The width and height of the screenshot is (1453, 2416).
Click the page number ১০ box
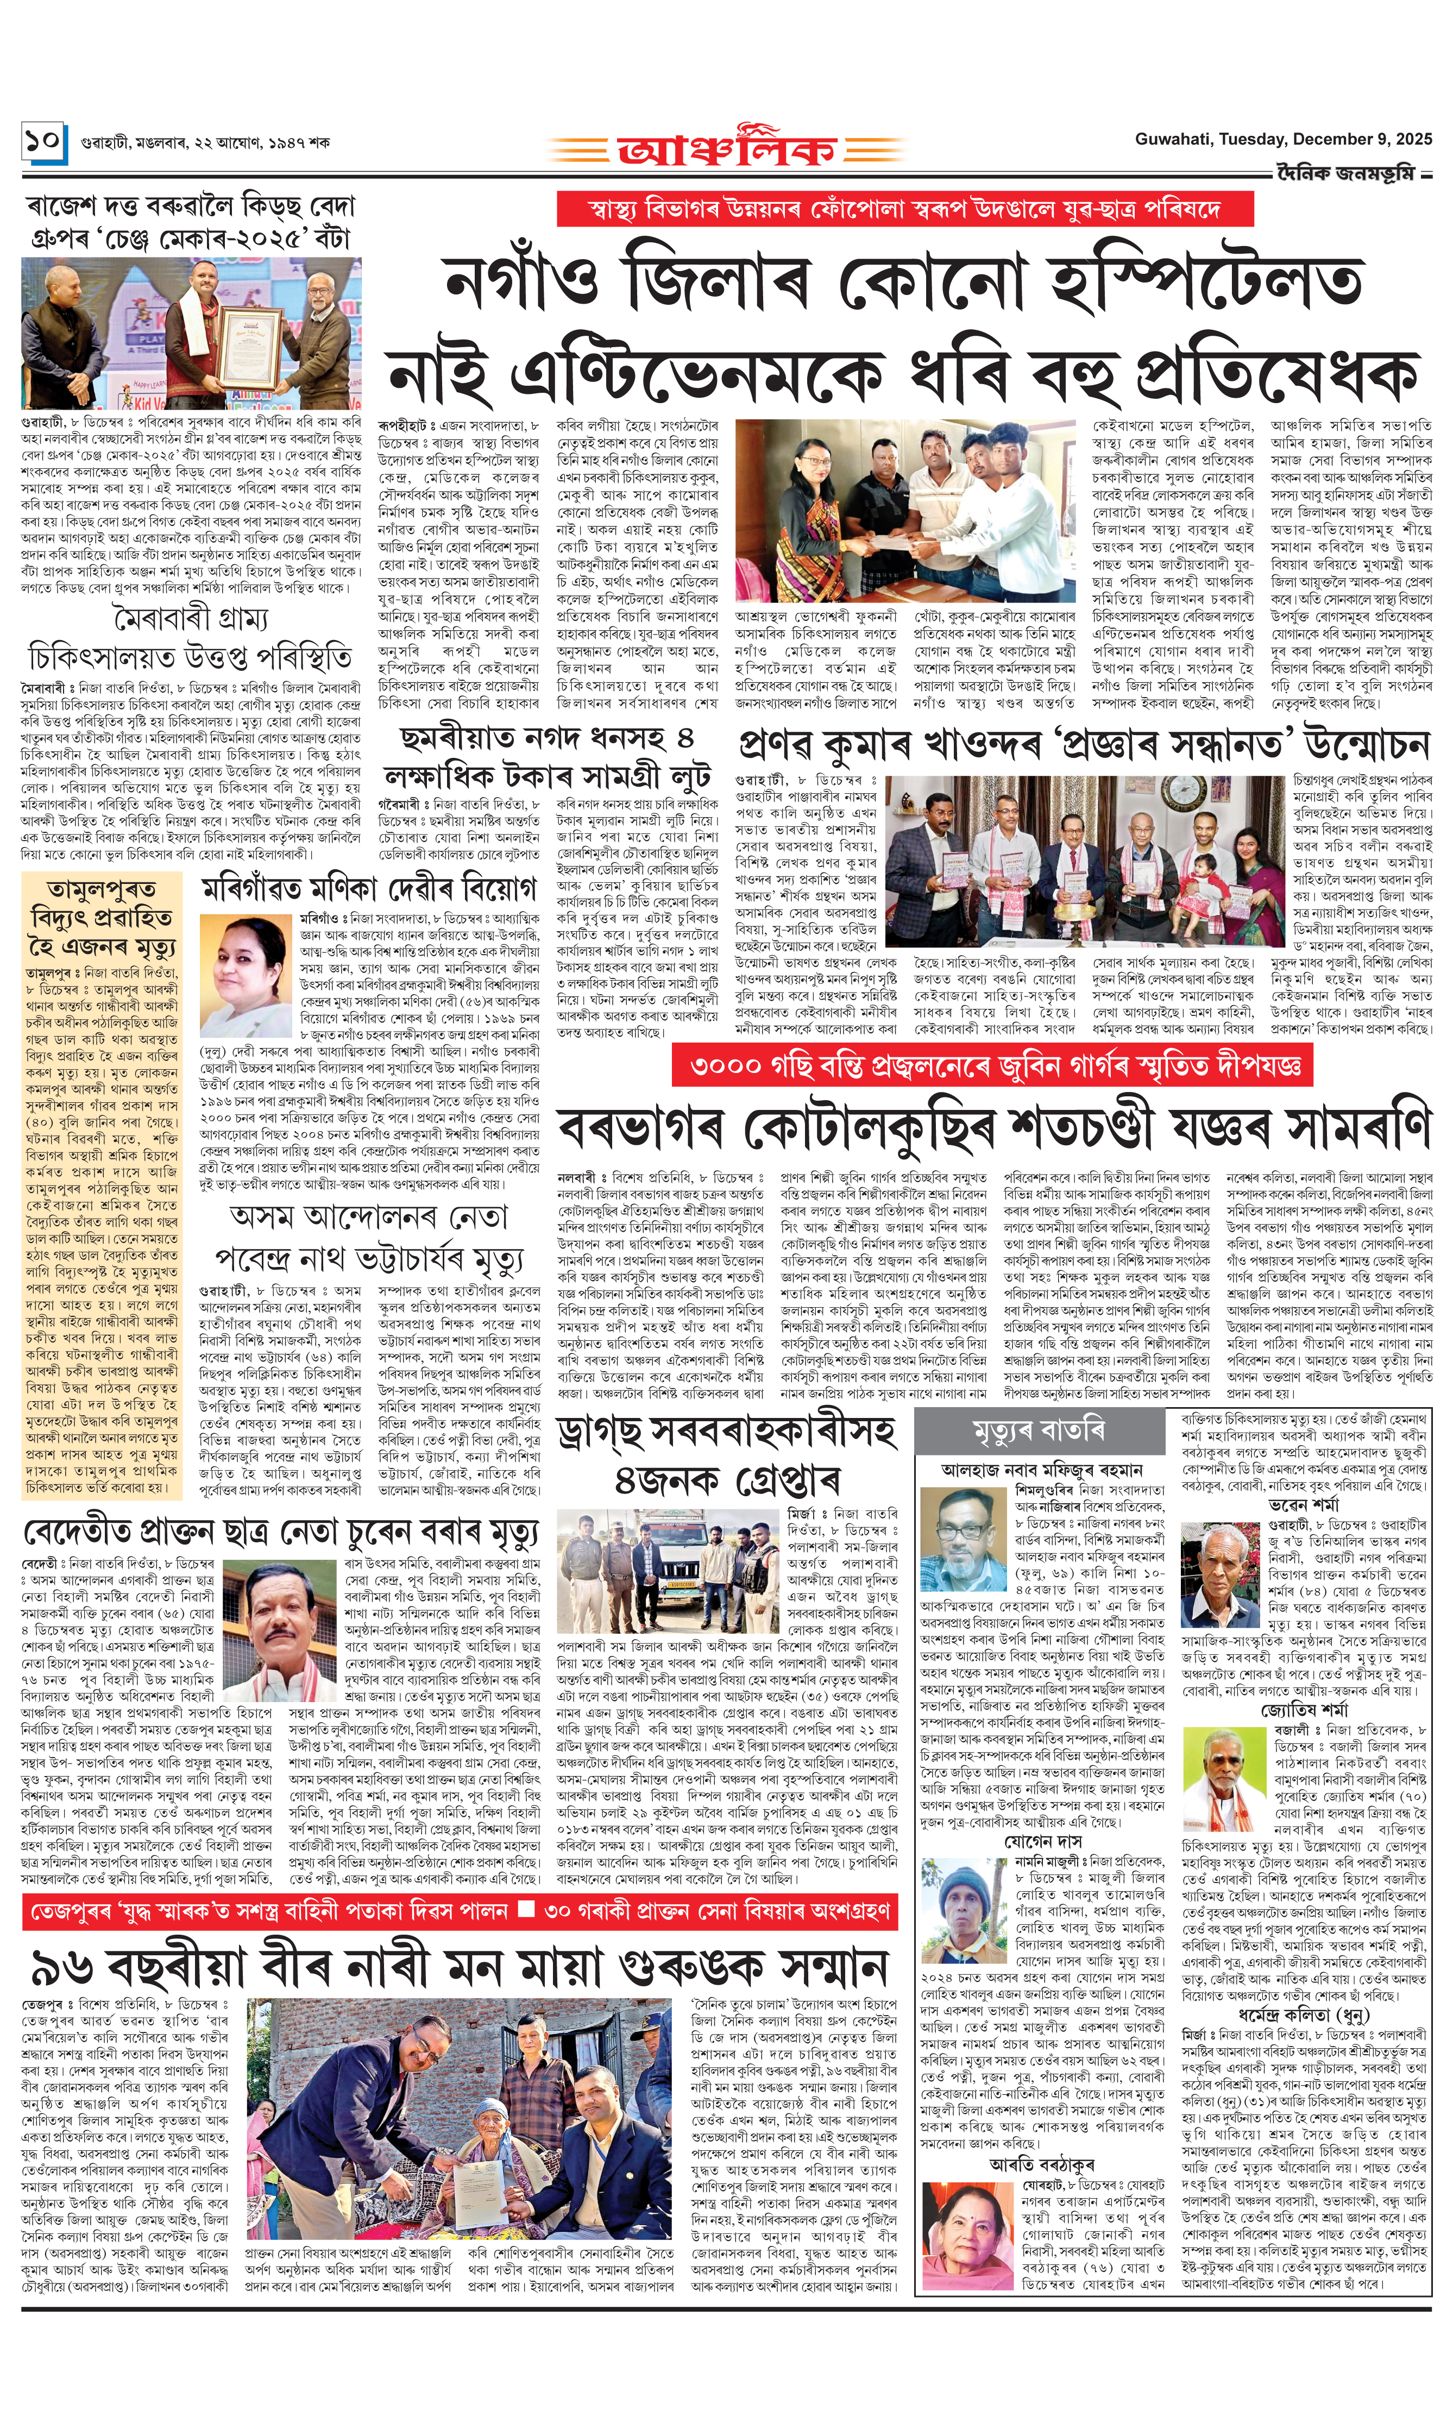tap(44, 142)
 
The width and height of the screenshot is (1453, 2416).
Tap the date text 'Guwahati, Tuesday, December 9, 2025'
tap(1282, 140)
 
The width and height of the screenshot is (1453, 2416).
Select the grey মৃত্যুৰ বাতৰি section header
tap(1039, 1432)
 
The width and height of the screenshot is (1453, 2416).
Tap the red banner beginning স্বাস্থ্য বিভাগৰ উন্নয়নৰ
tap(905, 210)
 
